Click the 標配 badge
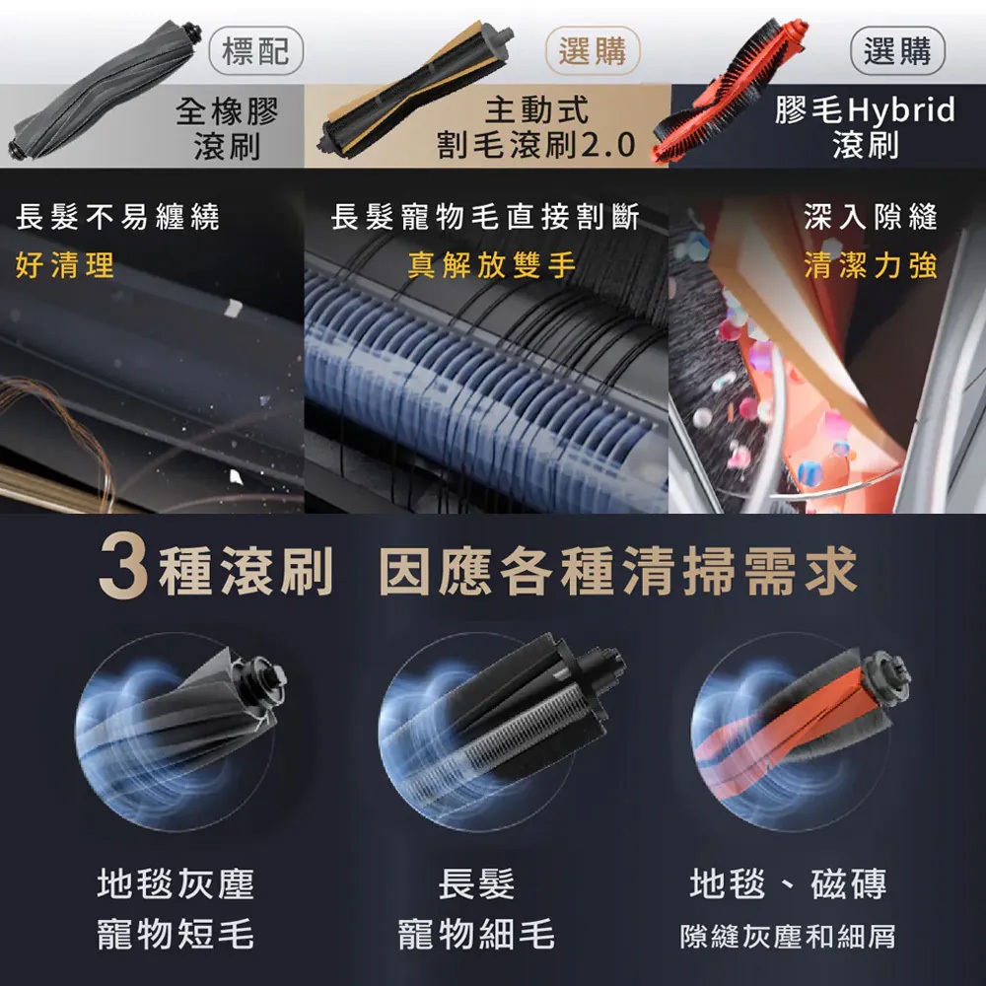[256, 50]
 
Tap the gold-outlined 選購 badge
[593, 50]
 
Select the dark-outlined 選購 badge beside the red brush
[897, 50]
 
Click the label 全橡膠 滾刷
[227, 128]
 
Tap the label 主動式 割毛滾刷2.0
[536, 127]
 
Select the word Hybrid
[901, 110]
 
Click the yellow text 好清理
[65, 264]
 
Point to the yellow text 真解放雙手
[491, 264]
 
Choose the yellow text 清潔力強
[871, 264]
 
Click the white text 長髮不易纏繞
[117, 217]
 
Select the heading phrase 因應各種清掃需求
[617, 571]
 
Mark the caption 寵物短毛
[176, 934]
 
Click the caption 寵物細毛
[476, 934]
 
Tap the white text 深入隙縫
[871, 217]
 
